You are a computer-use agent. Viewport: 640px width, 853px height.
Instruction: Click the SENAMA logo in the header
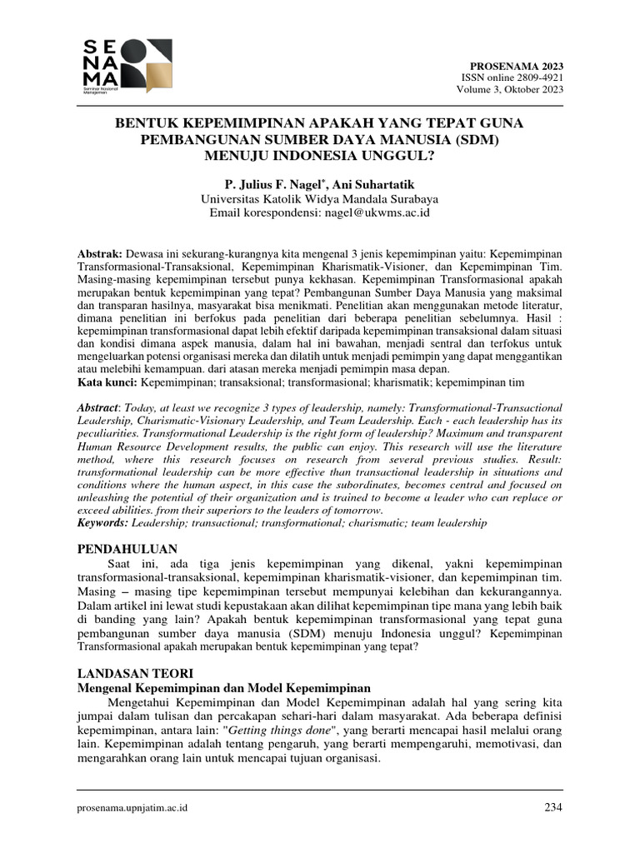[x=126, y=65]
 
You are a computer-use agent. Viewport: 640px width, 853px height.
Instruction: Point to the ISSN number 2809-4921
[x=534, y=77]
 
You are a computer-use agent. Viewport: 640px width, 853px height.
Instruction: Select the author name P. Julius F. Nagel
[x=271, y=183]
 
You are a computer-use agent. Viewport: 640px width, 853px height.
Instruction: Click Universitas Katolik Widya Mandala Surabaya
[x=319, y=199]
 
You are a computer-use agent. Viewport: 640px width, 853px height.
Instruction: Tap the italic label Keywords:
[x=102, y=522]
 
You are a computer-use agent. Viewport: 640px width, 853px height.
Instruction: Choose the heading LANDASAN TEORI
[x=134, y=672]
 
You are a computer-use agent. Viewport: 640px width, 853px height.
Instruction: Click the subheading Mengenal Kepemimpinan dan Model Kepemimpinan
[x=223, y=688]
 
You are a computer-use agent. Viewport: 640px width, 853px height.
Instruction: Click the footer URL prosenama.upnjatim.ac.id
[x=132, y=807]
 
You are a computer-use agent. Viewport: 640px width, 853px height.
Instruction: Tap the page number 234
[x=552, y=807]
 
